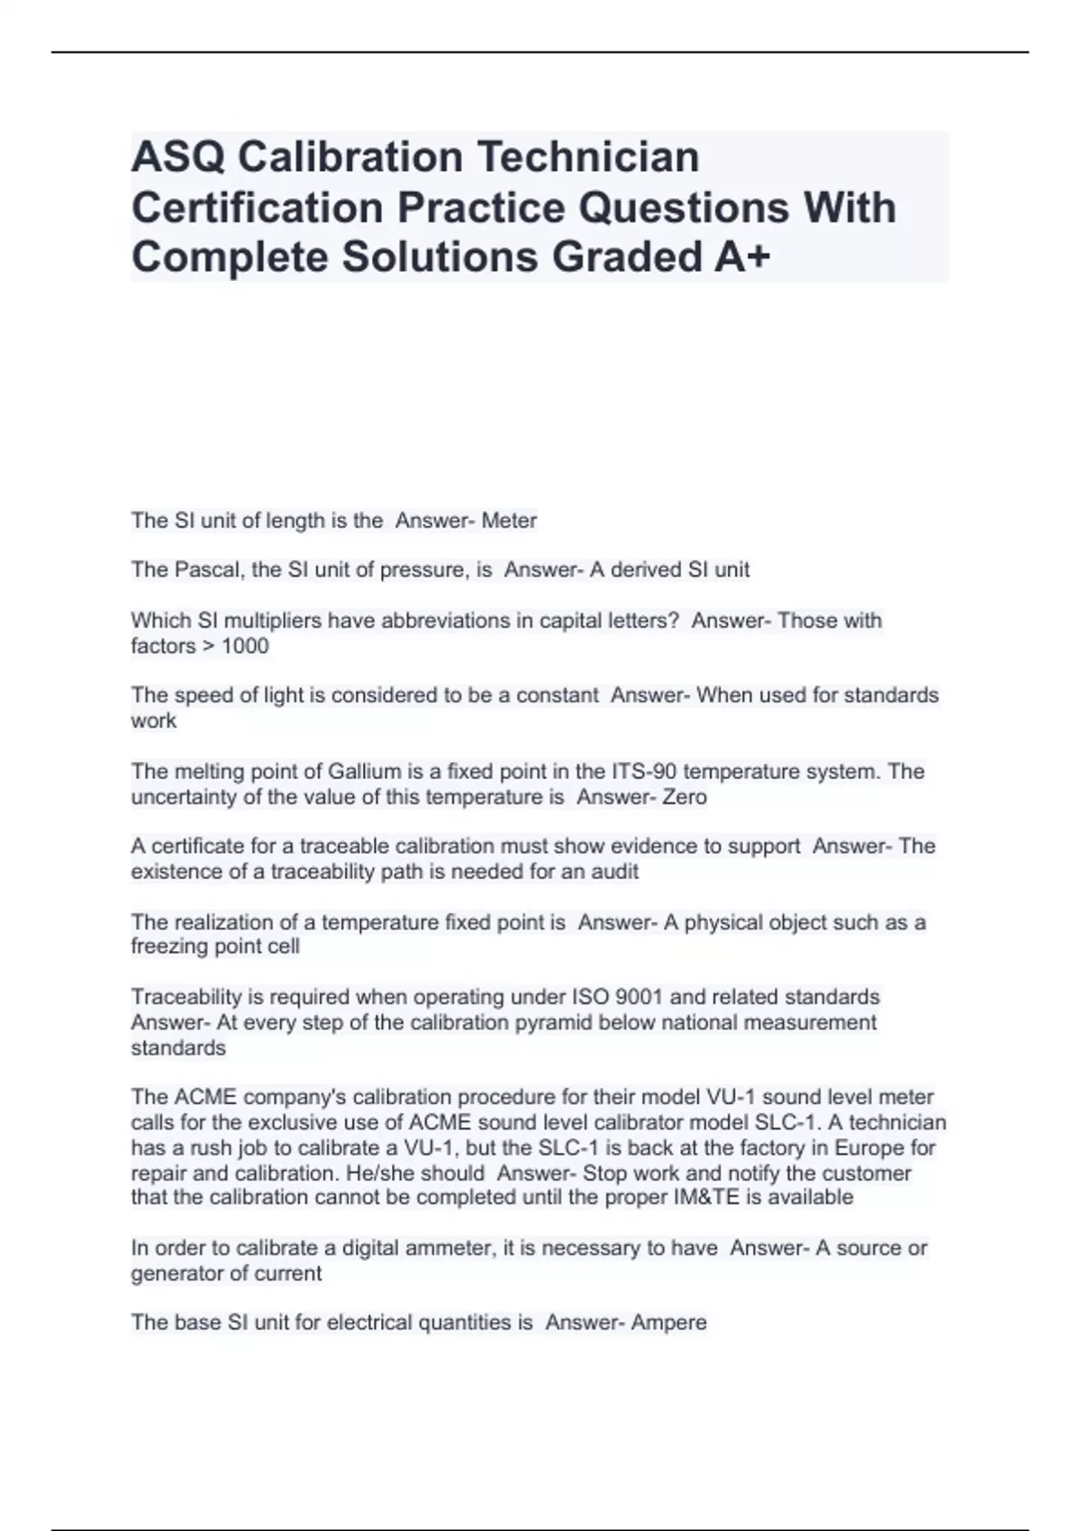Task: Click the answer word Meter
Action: pyautogui.click(x=509, y=521)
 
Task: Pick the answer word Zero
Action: pyautogui.click(x=685, y=797)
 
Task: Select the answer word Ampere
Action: pyautogui.click(x=668, y=1323)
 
